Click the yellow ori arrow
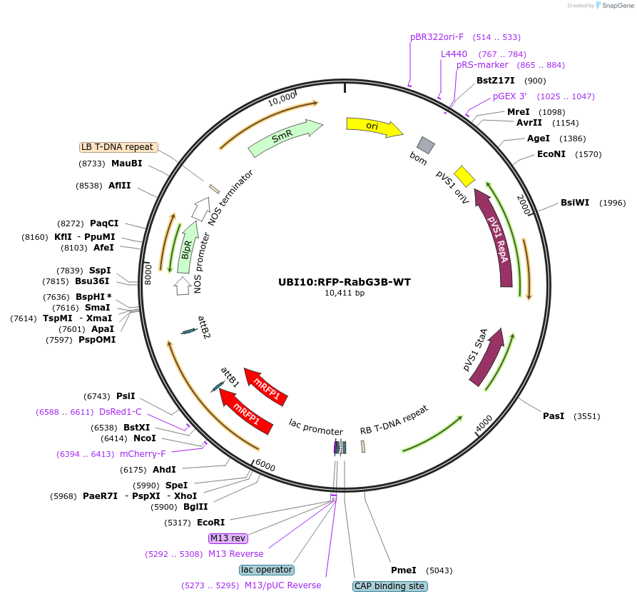pos(373,126)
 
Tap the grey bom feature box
pos(426,145)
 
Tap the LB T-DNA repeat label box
pos(118,147)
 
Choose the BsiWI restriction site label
pos(575,203)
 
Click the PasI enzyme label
pos(554,416)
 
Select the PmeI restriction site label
pos(404,570)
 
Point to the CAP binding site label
pos(390,586)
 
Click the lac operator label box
pos(267,570)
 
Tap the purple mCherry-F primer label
pos(143,454)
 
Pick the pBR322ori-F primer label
pos(437,37)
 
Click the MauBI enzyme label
pos(126,163)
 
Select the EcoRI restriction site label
pos(210,523)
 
